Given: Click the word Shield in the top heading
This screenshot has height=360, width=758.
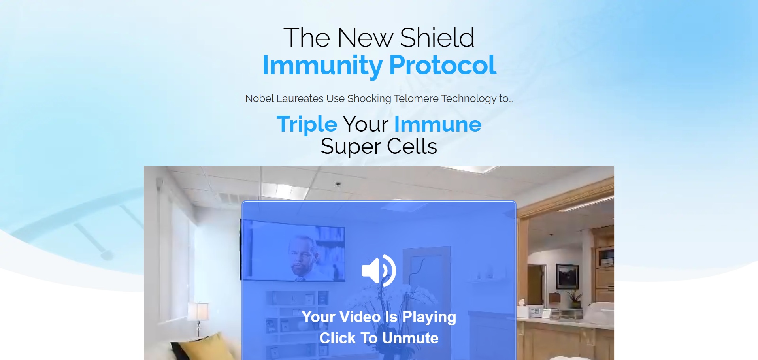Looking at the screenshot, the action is pyautogui.click(x=437, y=38).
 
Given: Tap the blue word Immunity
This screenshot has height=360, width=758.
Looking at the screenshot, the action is pyautogui.click(x=322, y=66).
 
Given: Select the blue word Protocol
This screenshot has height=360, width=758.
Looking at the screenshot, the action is pyautogui.click(x=443, y=65).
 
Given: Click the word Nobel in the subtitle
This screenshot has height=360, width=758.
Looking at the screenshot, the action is pyautogui.click(x=259, y=98).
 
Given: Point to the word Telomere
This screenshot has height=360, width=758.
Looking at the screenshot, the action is pyautogui.click(x=416, y=98).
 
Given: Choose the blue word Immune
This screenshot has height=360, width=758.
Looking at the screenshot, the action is pyautogui.click(x=438, y=124).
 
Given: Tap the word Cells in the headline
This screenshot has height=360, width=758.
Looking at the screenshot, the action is pyautogui.click(x=412, y=147).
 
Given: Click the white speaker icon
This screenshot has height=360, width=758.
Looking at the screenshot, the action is pyautogui.click(x=379, y=271).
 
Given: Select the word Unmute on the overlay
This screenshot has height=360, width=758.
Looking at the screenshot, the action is pyautogui.click(x=410, y=338).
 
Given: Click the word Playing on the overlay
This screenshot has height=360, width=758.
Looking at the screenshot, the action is pyautogui.click(x=429, y=317).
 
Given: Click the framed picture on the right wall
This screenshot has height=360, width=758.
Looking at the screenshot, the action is pyautogui.click(x=567, y=277).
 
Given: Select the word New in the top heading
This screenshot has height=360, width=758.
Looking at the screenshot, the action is pyautogui.click(x=365, y=38).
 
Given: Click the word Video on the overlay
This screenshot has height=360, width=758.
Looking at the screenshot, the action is pyautogui.click(x=360, y=317).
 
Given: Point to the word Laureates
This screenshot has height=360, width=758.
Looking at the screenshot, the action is pyautogui.click(x=300, y=98).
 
